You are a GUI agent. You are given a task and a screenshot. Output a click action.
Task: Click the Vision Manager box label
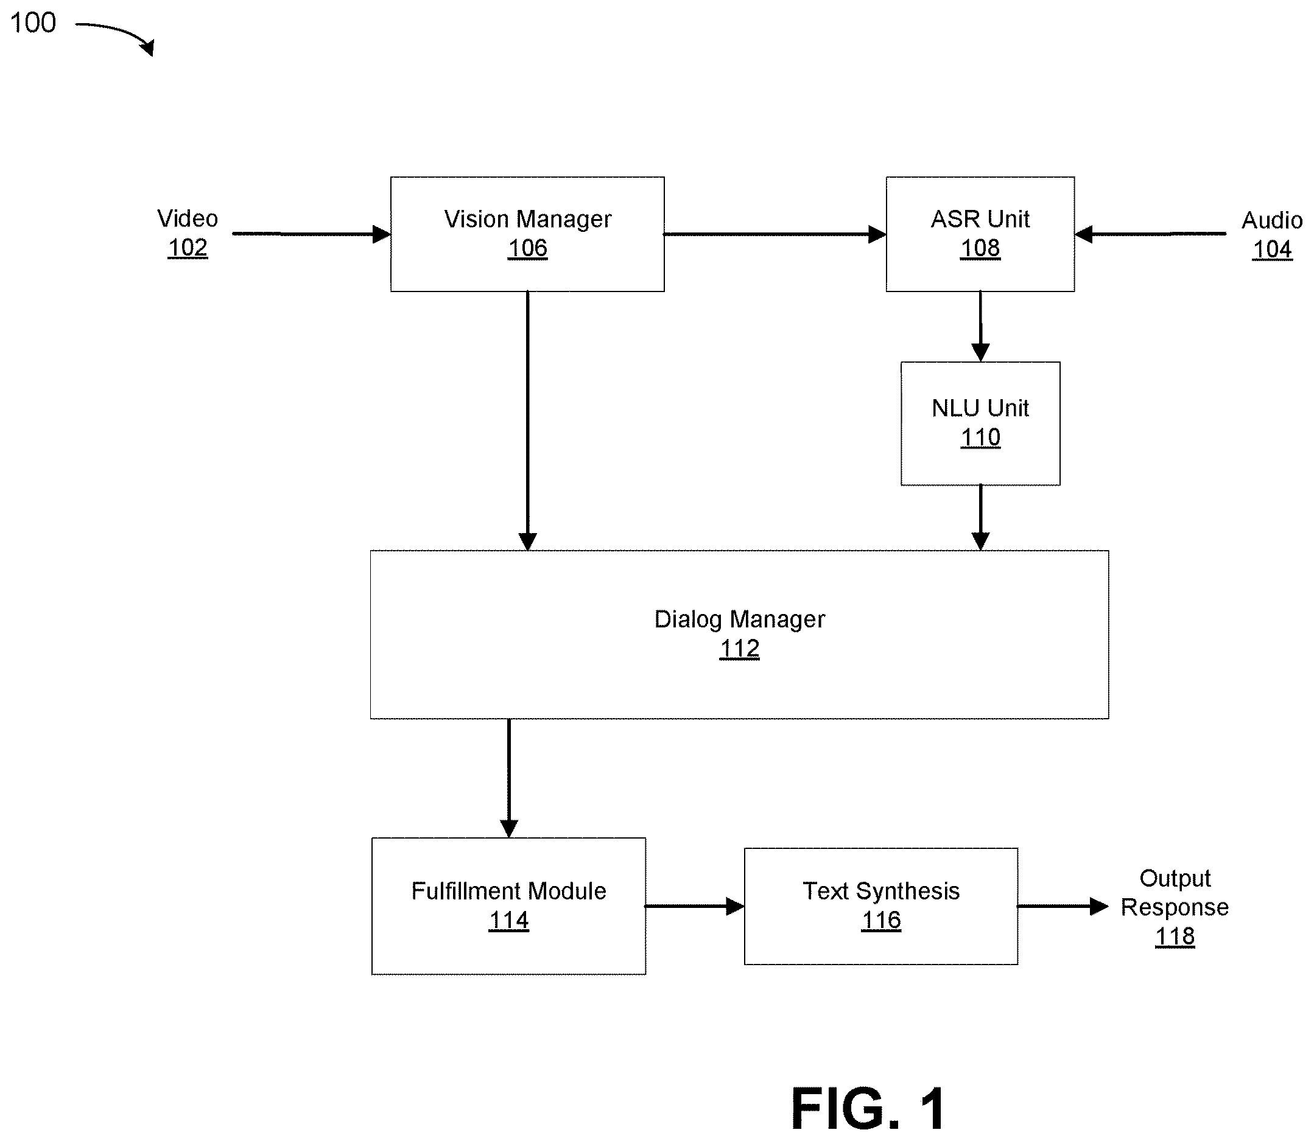[x=527, y=219]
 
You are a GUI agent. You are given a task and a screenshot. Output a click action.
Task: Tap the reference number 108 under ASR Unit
[x=980, y=248]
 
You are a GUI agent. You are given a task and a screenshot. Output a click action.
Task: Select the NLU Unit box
[x=980, y=424]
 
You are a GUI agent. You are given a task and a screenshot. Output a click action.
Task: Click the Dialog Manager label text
[x=739, y=619]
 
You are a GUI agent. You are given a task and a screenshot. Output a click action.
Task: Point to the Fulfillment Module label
[x=508, y=891]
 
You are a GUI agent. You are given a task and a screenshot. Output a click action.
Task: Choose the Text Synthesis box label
[x=881, y=891]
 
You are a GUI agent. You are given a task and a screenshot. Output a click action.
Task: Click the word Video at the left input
[x=188, y=218]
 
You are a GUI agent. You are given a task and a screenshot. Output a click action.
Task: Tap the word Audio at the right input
[x=1272, y=220]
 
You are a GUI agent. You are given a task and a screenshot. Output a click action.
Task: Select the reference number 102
[x=188, y=248]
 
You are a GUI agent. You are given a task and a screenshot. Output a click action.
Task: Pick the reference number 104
[x=1272, y=249]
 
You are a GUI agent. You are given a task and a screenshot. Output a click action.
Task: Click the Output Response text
[x=1175, y=893]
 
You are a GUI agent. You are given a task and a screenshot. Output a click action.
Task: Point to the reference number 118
[x=1175, y=937]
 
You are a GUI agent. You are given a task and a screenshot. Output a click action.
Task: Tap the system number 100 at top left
[x=33, y=23]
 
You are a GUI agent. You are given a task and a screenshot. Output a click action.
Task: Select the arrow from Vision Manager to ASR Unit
[x=775, y=234]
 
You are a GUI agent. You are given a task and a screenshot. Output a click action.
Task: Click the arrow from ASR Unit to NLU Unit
[x=980, y=327]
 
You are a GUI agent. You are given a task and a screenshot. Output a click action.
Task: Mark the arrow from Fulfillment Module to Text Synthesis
[x=695, y=906]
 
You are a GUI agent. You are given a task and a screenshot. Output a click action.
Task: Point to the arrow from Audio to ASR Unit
[x=1150, y=234]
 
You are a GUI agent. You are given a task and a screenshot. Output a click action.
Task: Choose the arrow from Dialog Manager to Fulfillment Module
[x=508, y=778]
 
